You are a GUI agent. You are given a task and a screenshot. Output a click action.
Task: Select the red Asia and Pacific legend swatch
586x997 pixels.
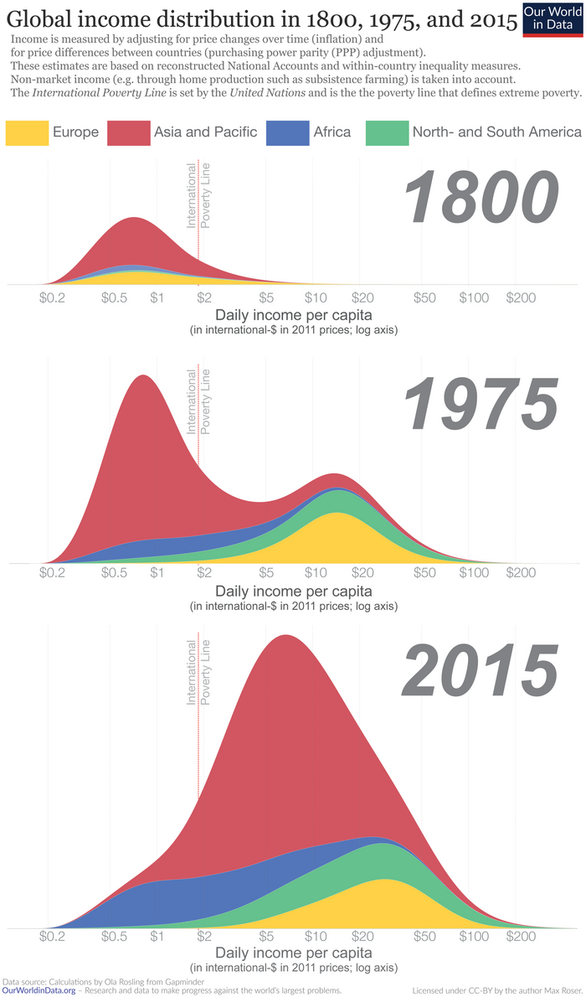(x=127, y=132)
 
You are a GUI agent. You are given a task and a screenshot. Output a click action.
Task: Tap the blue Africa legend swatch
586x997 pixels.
(x=286, y=132)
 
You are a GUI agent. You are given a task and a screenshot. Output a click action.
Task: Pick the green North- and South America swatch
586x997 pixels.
(x=387, y=132)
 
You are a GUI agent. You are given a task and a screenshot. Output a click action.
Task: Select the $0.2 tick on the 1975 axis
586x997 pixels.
(x=52, y=574)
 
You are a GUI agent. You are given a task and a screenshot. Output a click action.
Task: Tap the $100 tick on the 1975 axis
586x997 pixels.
(x=474, y=574)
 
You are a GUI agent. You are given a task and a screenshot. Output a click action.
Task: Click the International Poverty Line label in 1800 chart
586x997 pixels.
(x=198, y=196)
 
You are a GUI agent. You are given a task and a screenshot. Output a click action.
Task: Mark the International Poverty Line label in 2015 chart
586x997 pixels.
(x=198, y=673)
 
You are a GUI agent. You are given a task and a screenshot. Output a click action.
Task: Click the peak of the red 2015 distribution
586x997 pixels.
(x=285, y=637)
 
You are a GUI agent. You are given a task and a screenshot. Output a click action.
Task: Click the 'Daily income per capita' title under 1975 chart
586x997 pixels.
(x=293, y=591)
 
